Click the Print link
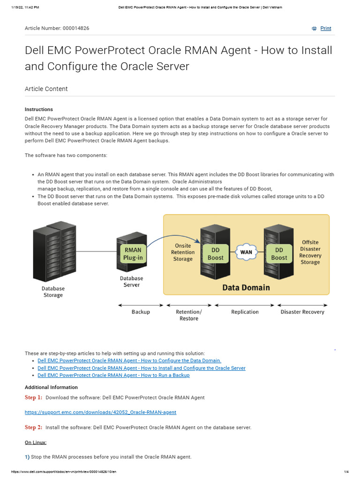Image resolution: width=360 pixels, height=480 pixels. click(325, 29)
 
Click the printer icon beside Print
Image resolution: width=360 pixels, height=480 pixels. click(314, 29)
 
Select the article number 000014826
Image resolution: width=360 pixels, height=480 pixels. click(76, 29)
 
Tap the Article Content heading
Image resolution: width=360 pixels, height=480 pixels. click(46, 89)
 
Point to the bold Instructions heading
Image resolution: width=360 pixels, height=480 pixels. click(39, 110)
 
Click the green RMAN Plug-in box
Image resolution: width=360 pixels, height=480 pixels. click(133, 254)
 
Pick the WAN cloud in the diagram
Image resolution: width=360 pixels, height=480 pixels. click(246, 252)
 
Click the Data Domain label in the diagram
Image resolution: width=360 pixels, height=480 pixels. click(246, 287)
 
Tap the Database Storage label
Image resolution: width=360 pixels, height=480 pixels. click(53, 292)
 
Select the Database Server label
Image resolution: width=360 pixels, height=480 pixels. click(132, 281)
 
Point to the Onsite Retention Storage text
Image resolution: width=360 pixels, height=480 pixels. click(183, 252)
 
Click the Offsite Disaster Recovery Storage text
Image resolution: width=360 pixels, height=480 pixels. click(310, 253)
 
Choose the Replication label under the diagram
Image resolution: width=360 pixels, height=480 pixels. click(245, 312)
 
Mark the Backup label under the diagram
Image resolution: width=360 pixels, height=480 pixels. click(141, 312)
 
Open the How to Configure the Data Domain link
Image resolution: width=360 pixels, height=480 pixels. click(129, 361)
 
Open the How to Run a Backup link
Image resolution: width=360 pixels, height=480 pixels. click(113, 375)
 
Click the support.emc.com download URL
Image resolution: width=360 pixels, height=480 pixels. click(100, 412)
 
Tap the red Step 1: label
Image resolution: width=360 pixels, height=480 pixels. click(33, 397)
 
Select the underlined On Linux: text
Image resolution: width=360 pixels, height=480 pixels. click(36, 442)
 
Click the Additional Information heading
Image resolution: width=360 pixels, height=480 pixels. click(51, 388)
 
